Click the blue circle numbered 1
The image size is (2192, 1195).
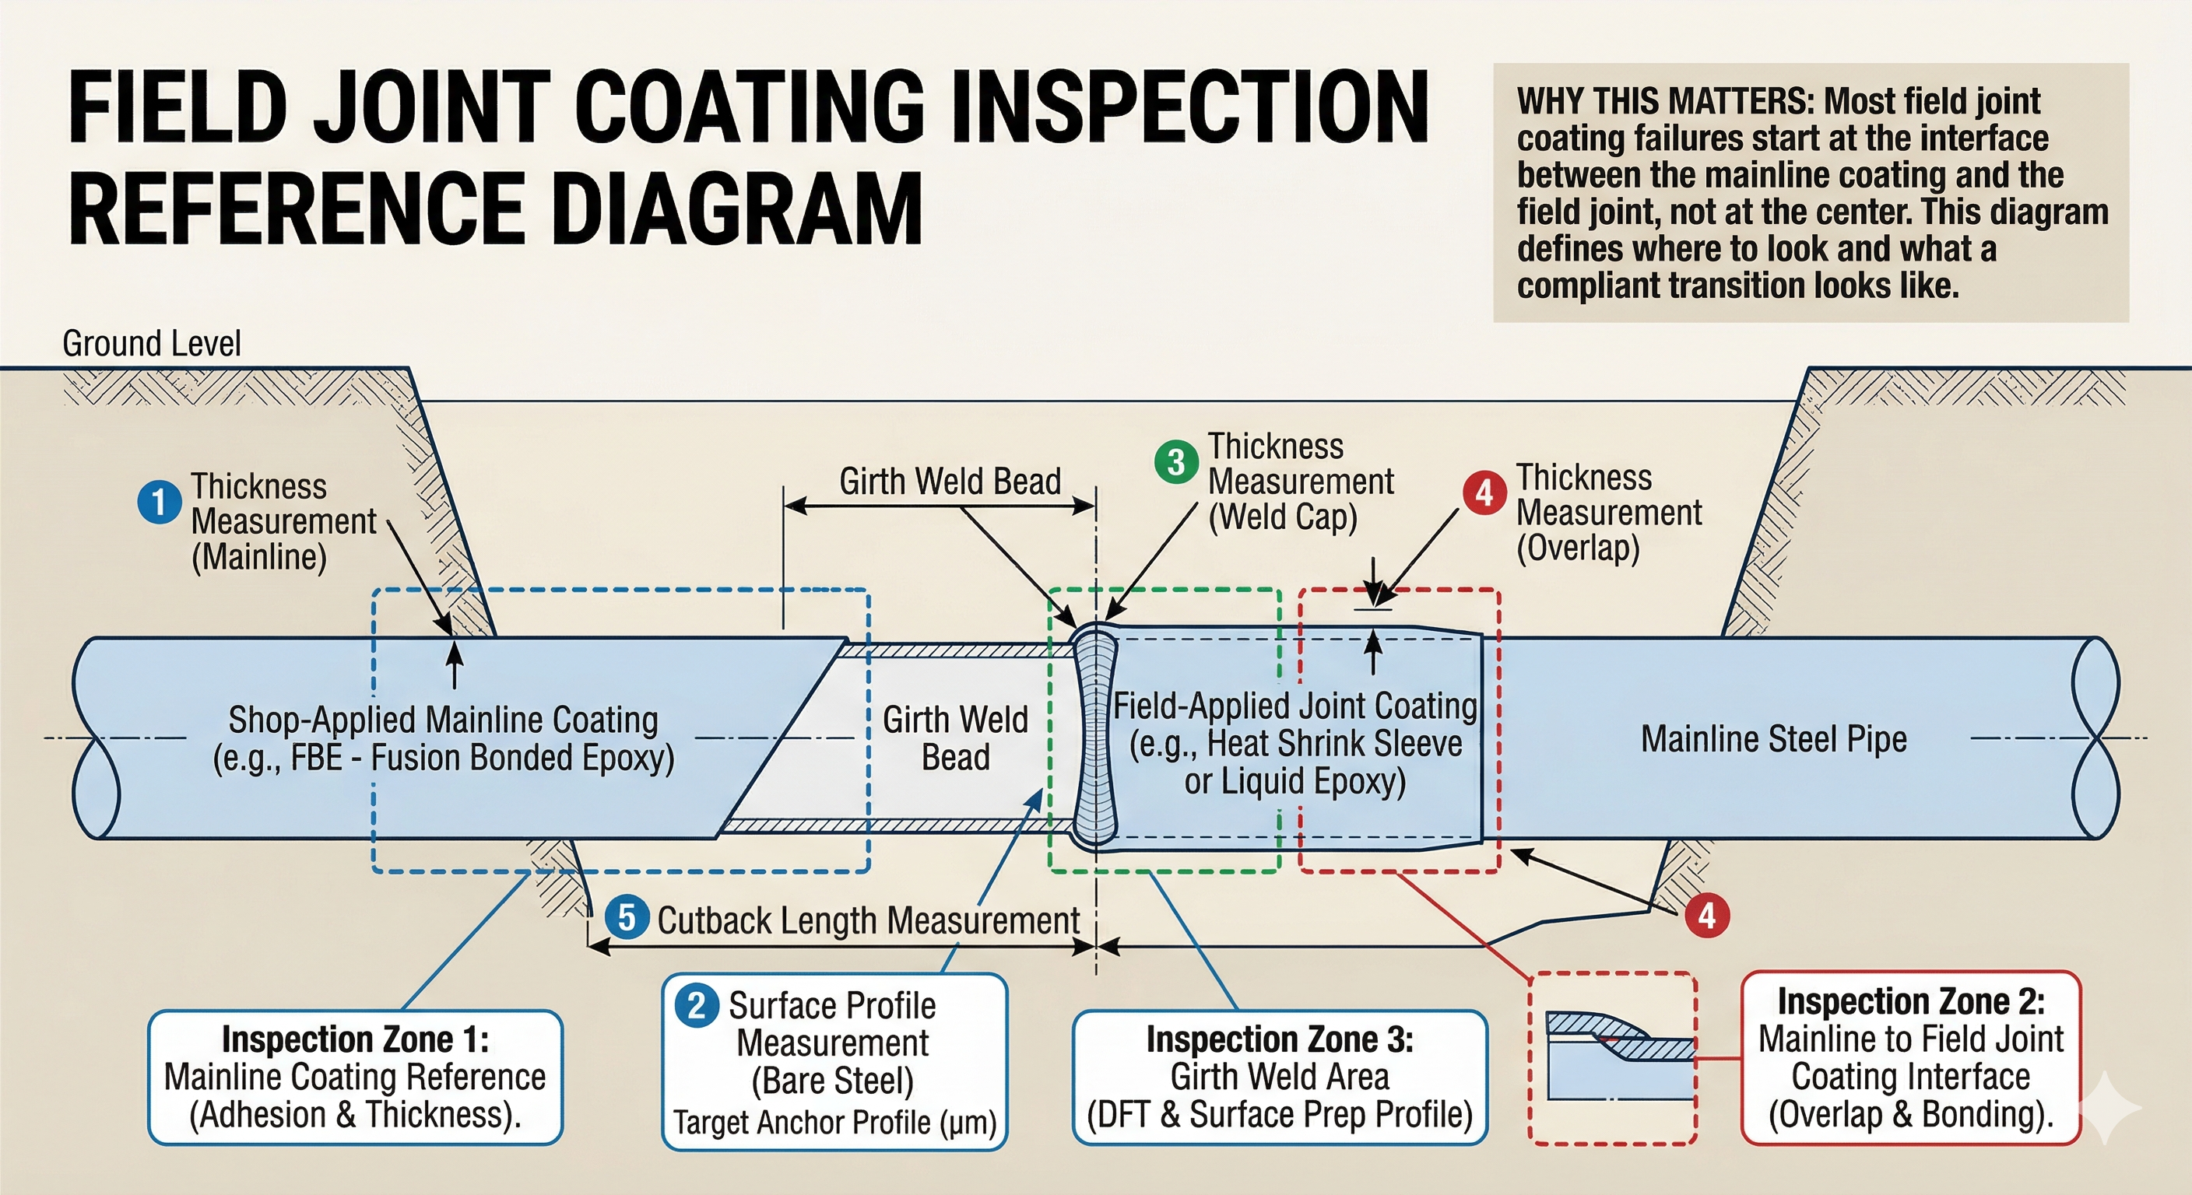pos(159,502)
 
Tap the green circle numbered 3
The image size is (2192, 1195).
pos(1176,463)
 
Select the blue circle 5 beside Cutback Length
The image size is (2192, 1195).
pos(627,919)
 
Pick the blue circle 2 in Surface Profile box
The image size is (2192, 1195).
pos(697,1005)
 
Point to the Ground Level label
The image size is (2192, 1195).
pos(152,344)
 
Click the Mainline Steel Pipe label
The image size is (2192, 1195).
pos(1774,738)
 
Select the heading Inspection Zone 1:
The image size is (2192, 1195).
pos(356,1039)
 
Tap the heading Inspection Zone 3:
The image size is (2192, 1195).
pos(1280,1039)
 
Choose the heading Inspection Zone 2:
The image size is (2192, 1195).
pos(1911,1001)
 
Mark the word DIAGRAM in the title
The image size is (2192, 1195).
pos(737,209)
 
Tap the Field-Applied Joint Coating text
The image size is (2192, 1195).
pos(1295,706)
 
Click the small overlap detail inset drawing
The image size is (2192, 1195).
pos(1614,1059)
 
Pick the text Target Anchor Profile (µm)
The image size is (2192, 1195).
pos(834,1123)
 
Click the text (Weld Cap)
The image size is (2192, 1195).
pos(1283,517)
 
